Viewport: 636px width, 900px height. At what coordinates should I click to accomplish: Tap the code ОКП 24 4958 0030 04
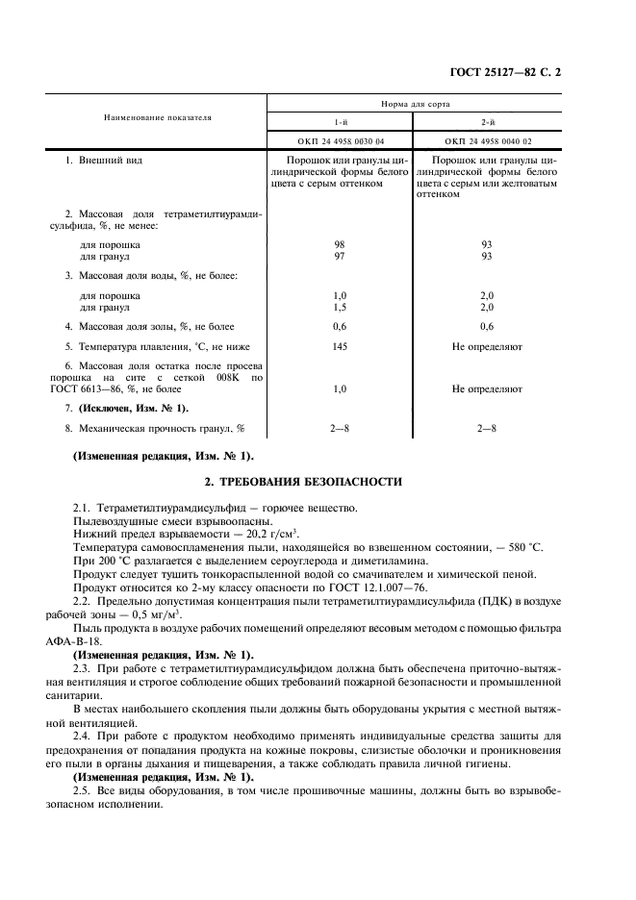pos(339,140)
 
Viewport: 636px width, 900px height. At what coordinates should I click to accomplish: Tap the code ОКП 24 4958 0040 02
pos(487,140)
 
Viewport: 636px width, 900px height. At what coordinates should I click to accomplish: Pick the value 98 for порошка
pos(339,246)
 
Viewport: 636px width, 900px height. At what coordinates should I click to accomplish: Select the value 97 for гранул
pos(339,257)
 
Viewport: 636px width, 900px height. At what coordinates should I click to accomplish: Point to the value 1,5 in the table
pos(339,307)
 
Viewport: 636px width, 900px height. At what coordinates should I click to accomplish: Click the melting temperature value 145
pos(339,346)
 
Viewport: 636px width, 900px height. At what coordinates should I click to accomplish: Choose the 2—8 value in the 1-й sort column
pos(339,428)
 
